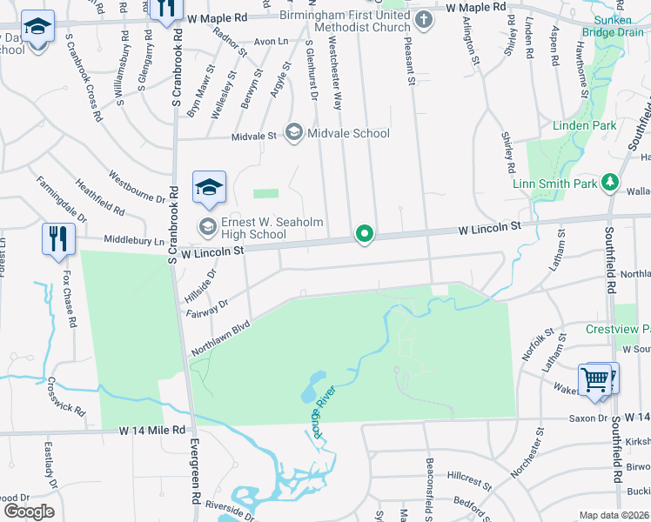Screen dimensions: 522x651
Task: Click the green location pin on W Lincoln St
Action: click(x=366, y=234)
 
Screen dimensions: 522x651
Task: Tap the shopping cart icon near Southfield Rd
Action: click(x=596, y=378)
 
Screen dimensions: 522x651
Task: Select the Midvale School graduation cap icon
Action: click(x=294, y=133)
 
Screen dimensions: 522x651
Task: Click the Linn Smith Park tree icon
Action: click(x=610, y=183)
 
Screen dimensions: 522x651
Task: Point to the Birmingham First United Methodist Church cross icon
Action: click(x=423, y=21)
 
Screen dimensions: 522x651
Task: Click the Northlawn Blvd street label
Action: click(x=220, y=336)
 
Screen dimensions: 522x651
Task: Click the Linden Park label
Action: click(x=585, y=126)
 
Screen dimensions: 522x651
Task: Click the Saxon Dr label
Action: click(x=588, y=418)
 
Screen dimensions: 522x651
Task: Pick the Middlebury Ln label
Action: click(x=133, y=239)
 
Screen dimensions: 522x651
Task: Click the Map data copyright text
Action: click(x=614, y=515)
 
